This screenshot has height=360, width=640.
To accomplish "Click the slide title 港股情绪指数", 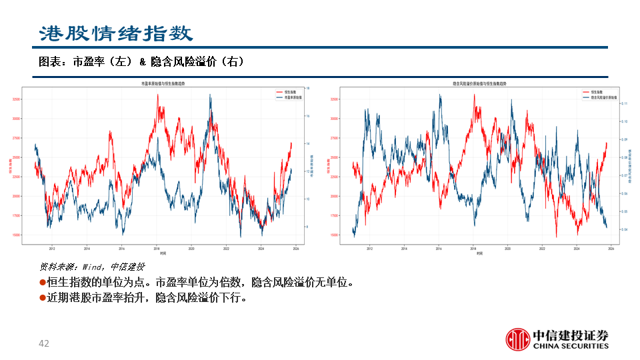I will [x=115, y=33].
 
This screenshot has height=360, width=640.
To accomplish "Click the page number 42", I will [x=44, y=344].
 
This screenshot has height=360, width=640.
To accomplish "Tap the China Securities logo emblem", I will [x=517, y=339].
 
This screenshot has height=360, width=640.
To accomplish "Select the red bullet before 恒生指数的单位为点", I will [x=43, y=282].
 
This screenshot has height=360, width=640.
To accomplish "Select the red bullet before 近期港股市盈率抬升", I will [x=43, y=298].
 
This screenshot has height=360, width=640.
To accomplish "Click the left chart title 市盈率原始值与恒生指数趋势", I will [x=163, y=84].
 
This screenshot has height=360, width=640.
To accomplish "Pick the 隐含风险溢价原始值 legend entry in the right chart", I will [x=601, y=97].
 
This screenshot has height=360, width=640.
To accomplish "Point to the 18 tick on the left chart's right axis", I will [x=307, y=88].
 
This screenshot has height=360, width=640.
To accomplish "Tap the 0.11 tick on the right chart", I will [x=625, y=104].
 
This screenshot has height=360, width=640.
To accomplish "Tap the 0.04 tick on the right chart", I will [x=625, y=229].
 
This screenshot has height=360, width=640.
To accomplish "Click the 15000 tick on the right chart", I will [x=333, y=235].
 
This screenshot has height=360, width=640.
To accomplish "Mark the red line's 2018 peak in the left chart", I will [x=157, y=95].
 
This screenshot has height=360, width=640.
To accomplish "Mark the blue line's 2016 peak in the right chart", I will [x=440, y=95].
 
